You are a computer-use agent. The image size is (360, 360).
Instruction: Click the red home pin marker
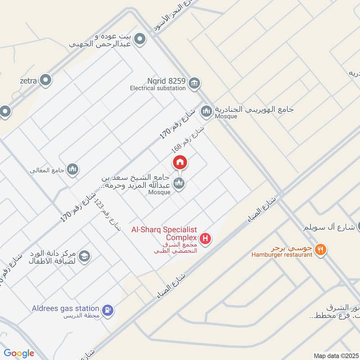coord(180,162)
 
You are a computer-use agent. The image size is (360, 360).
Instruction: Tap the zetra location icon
coord(45,81)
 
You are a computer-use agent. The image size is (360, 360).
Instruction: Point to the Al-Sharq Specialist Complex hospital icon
coord(205,238)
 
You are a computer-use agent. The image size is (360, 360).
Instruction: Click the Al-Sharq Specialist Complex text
coord(164,234)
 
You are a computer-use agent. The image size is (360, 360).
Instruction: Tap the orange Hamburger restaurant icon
coord(320,249)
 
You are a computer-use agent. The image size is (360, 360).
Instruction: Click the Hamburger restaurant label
coord(282,255)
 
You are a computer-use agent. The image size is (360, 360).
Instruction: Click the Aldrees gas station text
coord(66,308)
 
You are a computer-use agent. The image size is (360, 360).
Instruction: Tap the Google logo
coord(19,353)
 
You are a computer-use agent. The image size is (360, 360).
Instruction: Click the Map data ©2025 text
coord(335,355)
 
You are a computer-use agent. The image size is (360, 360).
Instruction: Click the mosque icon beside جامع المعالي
coord(72,169)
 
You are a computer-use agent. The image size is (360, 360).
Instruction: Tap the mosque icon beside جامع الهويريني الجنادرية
coord(207,111)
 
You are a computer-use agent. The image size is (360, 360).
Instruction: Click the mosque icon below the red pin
coord(179,183)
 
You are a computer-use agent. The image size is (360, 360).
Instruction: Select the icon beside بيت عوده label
coord(140,40)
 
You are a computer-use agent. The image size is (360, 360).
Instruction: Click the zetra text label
coord(28,81)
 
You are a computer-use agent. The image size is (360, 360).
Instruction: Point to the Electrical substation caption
coord(158,88)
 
